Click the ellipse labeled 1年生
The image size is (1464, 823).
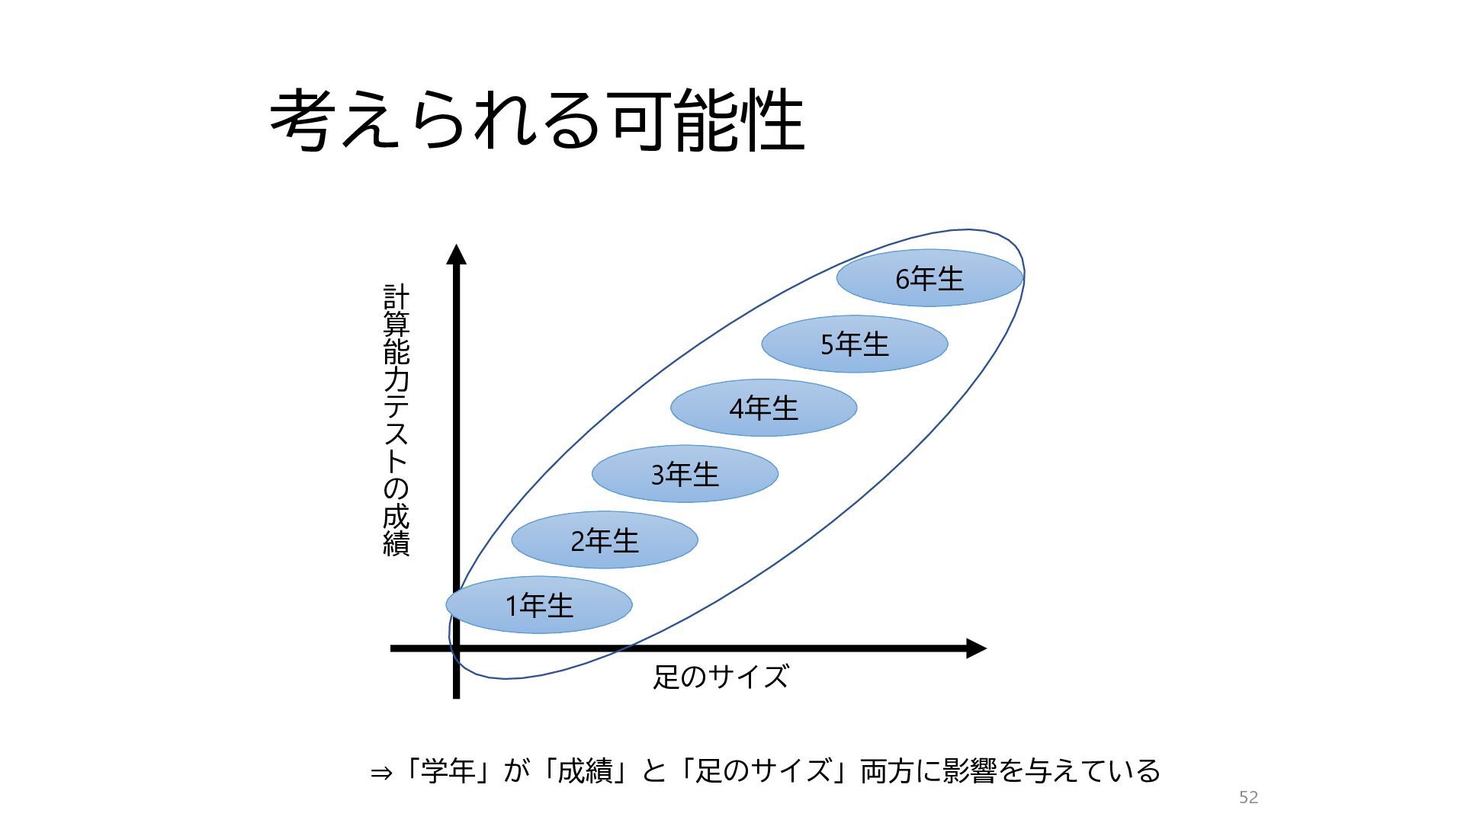point(539,605)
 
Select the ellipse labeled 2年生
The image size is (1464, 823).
point(605,540)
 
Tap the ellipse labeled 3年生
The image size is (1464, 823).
point(685,474)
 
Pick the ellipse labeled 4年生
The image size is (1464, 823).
point(764,408)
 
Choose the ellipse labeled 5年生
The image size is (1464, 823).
point(855,344)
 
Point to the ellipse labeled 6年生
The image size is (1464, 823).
point(929,278)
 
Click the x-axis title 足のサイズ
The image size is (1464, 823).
point(721,677)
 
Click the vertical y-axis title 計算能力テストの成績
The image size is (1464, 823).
point(396,421)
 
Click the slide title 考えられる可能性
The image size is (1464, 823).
point(537,120)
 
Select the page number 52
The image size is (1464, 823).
point(1248,797)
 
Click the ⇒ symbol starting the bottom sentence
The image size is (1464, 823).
point(380,773)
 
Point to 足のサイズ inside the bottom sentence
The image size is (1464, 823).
point(763,771)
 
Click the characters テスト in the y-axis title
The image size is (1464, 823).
point(396,433)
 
